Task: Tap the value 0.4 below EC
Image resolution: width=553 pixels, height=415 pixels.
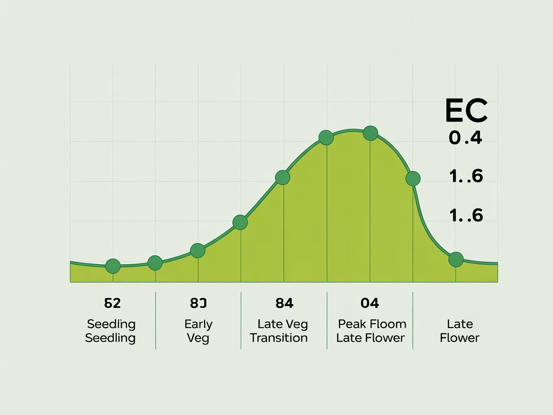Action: tap(465, 138)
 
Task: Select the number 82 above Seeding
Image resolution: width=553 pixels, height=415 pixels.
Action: tap(112, 303)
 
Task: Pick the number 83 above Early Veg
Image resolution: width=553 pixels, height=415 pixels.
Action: tap(198, 303)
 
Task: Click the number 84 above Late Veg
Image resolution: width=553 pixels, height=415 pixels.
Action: tap(284, 303)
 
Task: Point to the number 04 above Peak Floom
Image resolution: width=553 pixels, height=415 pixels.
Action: tap(370, 303)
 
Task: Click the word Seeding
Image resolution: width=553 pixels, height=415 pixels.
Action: tap(111, 324)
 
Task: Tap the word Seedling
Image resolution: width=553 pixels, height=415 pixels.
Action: tap(110, 338)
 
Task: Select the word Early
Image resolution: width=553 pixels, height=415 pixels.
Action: tap(198, 324)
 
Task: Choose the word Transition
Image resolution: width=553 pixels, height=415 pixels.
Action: tap(279, 338)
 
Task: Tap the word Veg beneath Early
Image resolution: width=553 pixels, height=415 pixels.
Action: tap(198, 338)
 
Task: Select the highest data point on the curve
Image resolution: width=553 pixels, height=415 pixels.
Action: tap(370, 133)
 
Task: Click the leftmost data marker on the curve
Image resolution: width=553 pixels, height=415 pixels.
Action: tap(113, 266)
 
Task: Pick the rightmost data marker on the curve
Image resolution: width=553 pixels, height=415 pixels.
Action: tap(456, 259)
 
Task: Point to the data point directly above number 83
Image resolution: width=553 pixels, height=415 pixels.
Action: tap(198, 250)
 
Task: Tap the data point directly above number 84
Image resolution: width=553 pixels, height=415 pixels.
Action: tap(283, 177)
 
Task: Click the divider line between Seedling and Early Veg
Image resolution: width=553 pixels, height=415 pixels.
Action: tap(156, 320)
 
